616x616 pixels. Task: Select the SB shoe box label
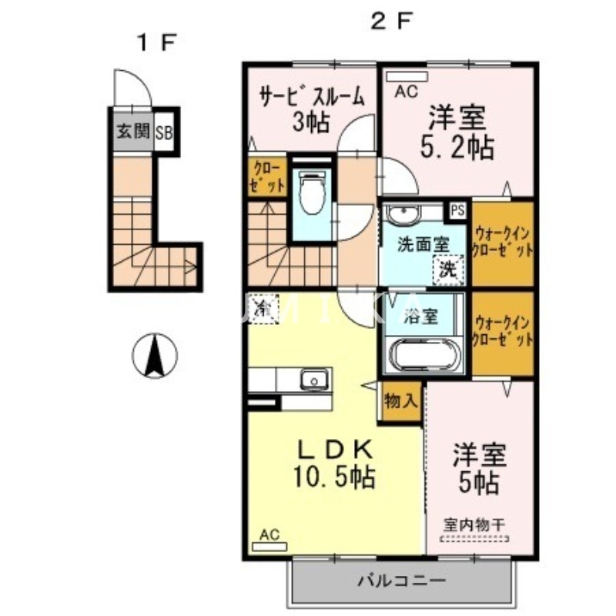click(x=164, y=132)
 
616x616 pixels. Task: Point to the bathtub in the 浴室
click(x=423, y=357)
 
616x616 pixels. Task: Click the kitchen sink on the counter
click(x=313, y=379)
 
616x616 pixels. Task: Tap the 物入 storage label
click(x=400, y=401)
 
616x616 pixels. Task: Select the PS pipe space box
click(x=457, y=209)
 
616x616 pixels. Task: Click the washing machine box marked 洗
click(x=447, y=269)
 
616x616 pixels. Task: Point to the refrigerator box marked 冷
click(x=263, y=310)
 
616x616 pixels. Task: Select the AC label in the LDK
click(x=269, y=533)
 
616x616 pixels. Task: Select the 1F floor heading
click(x=157, y=43)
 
